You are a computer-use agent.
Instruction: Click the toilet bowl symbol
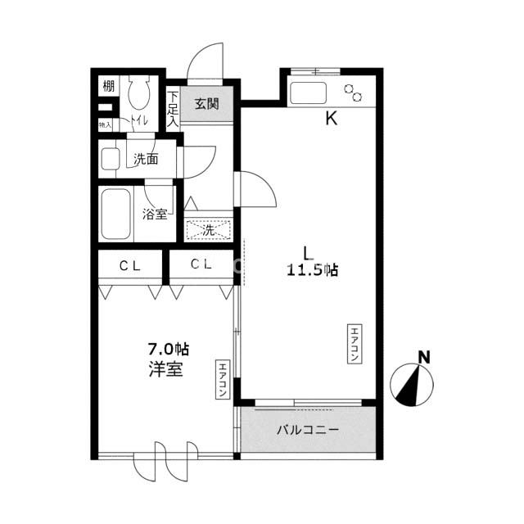[138, 92]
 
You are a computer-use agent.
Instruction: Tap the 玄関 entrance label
[207, 104]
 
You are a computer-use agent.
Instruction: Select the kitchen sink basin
[308, 93]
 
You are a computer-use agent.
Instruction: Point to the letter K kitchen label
[331, 118]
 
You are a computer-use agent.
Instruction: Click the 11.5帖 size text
[312, 270]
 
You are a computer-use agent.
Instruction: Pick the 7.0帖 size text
[169, 350]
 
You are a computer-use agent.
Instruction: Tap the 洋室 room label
[165, 369]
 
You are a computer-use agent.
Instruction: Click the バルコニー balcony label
[308, 430]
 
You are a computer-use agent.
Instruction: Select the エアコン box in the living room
[355, 344]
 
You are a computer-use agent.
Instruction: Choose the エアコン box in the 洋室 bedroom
[223, 379]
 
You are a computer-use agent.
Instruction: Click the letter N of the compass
[424, 358]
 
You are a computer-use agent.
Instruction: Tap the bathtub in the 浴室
[115, 215]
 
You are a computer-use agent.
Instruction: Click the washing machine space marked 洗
[209, 230]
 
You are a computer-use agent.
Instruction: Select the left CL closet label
[129, 266]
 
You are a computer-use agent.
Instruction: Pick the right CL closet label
[201, 264]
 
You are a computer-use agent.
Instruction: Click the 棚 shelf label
[109, 86]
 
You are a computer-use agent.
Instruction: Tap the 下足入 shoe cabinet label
[173, 109]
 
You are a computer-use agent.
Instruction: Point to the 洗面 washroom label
[146, 160]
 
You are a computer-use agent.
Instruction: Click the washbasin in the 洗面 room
[111, 159]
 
